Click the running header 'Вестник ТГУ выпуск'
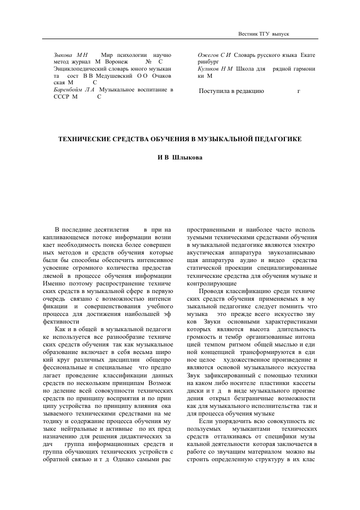point(264,33)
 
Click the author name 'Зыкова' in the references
point(63,54)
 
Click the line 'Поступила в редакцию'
point(232,91)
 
